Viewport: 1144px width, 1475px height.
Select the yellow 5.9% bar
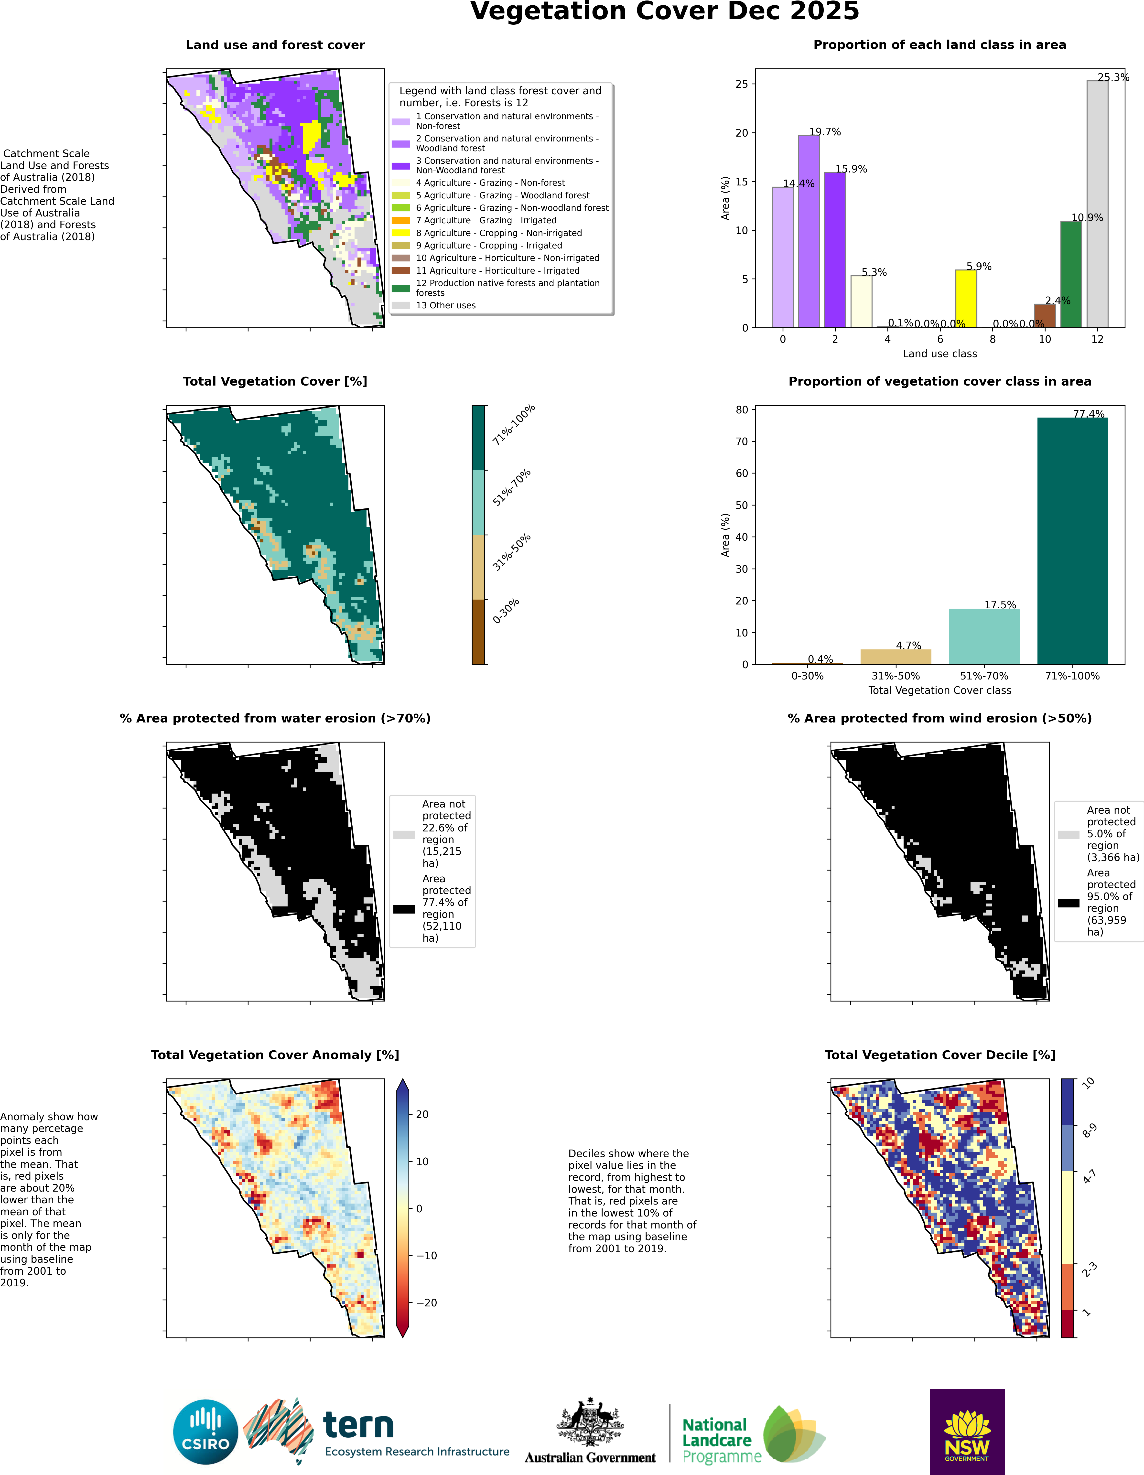tap(966, 299)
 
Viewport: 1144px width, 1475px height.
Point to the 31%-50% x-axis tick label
tap(896, 676)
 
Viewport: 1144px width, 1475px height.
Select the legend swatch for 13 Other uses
tap(400, 305)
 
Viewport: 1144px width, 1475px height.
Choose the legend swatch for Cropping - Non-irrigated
tap(400, 233)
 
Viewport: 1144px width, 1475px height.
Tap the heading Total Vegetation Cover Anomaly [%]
tap(275, 1055)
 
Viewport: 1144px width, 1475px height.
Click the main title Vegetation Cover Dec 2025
tap(665, 12)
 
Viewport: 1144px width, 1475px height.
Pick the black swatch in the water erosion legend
tap(404, 909)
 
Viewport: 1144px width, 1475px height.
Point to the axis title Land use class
tap(939, 354)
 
